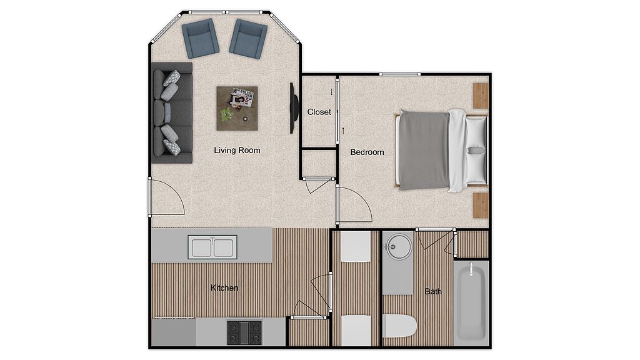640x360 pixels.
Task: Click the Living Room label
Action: click(x=237, y=150)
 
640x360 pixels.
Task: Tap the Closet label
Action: click(x=319, y=112)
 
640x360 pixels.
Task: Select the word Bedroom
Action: click(x=367, y=152)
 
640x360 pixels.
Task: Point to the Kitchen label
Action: click(x=224, y=287)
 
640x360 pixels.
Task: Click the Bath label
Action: click(x=433, y=291)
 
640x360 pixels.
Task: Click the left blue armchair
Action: click(x=201, y=38)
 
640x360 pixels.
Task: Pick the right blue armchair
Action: click(x=248, y=39)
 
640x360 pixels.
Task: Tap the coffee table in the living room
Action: click(x=237, y=109)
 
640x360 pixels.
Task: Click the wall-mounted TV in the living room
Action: click(x=292, y=108)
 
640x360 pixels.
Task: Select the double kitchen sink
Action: click(x=212, y=247)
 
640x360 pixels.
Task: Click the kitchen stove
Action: click(x=244, y=332)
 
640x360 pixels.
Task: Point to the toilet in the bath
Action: click(x=399, y=326)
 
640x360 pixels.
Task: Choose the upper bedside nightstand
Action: click(x=481, y=96)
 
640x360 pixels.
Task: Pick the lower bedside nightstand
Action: click(x=481, y=206)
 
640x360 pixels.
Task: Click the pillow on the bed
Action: click(x=476, y=150)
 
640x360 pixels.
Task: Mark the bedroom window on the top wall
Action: click(x=399, y=74)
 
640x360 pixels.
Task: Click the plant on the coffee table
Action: click(x=226, y=114)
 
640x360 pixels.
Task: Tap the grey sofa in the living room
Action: click(x=172, y=113)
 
